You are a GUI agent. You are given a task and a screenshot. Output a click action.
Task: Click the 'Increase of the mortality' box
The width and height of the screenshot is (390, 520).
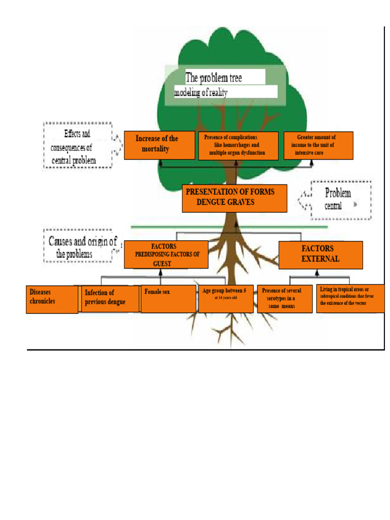[159, 145]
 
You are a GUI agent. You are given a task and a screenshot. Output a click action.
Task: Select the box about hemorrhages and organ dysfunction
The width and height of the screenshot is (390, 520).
[238, 146]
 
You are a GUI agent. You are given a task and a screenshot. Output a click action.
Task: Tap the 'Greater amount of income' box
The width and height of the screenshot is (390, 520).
[318, 146]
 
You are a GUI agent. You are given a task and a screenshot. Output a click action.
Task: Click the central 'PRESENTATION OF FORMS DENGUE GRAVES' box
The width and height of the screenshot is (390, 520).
[235, 199]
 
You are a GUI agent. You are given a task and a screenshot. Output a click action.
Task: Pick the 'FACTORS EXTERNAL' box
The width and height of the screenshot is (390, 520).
[321, 255]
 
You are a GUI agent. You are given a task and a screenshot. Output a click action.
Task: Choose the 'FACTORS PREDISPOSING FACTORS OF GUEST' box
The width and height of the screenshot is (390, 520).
[166, 255]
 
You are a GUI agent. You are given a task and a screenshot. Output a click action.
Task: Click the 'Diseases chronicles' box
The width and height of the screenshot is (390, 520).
[52, 300]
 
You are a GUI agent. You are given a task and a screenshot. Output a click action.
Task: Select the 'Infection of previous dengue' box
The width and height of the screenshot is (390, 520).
[110, 299]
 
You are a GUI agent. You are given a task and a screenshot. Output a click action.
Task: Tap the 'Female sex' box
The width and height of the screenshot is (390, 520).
[169, 299]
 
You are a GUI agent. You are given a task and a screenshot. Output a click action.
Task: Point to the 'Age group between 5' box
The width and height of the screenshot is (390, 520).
[226, 299]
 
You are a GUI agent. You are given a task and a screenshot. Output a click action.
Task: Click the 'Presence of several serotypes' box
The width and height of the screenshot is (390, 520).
[285, 299]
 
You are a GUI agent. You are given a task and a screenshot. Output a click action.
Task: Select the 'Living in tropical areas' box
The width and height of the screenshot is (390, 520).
[350, 299]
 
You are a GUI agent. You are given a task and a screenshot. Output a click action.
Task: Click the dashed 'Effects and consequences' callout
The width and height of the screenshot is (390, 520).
[78, 146]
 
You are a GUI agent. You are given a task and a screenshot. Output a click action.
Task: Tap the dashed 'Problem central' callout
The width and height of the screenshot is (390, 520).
[341, 200]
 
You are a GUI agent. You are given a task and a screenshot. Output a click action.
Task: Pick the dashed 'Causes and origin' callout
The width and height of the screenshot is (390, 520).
[78, 246]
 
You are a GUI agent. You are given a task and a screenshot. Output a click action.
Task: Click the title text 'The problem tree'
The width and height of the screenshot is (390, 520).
[214, 78]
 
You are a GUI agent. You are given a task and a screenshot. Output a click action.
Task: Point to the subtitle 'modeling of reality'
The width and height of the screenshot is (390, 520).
[201, 92]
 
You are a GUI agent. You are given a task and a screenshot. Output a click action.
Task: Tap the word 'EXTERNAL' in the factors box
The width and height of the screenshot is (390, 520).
[320, 258]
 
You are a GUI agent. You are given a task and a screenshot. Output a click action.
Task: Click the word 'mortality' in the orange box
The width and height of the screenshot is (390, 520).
[155, 149]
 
